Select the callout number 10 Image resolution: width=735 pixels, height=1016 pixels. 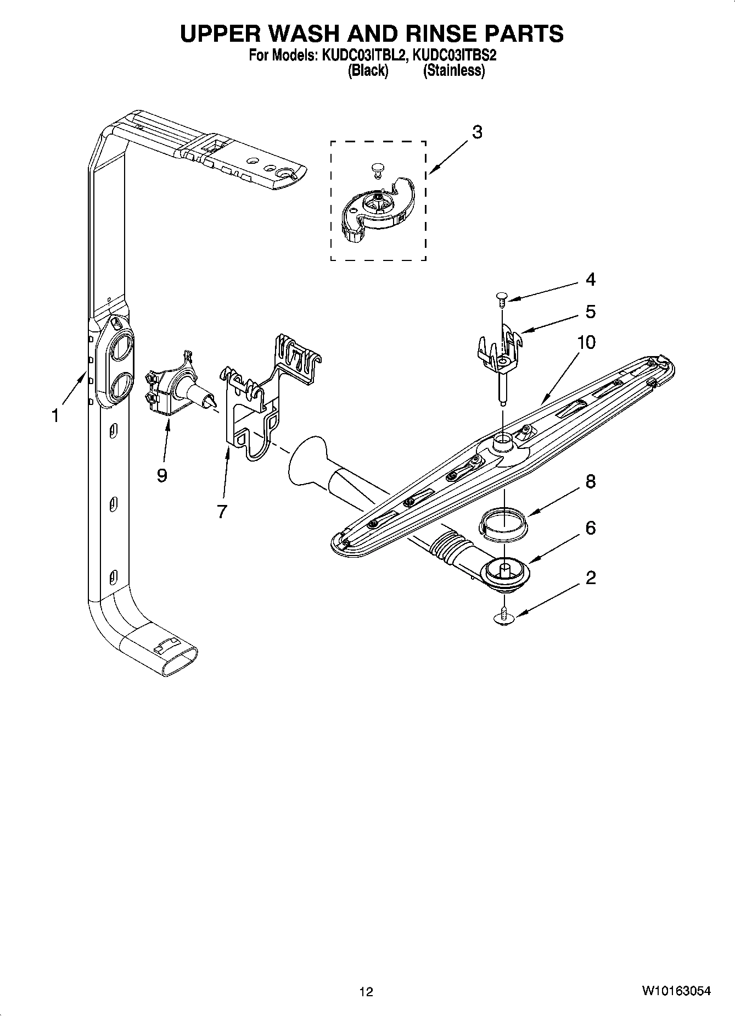(586, 342)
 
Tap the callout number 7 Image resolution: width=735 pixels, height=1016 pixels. (222, 512)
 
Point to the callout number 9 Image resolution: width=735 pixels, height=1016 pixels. (161, 475)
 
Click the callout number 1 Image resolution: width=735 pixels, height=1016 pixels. (55, 416)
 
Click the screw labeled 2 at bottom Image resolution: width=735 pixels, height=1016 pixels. (502, 619)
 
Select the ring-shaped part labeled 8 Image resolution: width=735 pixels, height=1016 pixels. (502, 520)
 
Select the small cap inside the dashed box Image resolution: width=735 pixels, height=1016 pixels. (377, 168)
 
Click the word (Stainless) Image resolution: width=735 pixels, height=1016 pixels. (453, 70)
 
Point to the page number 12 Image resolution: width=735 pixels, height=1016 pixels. (366, 991)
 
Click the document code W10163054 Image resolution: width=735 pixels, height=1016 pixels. (676, 991)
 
